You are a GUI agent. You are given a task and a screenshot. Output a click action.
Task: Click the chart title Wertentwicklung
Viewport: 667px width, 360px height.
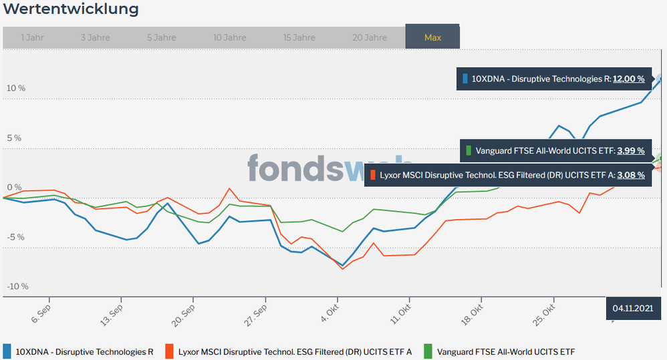pos(72,9)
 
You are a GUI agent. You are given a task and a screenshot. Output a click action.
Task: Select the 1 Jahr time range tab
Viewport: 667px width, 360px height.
pos(32,37)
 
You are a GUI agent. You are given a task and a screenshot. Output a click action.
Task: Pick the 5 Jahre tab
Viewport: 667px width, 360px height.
pos(161,37)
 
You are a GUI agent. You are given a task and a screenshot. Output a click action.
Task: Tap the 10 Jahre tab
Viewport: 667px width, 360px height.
pos(230,37)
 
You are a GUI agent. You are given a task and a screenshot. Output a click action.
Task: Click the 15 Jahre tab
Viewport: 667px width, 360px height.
pos(299,37)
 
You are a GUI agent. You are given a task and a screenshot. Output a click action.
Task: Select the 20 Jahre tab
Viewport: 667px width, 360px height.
pos(370,37)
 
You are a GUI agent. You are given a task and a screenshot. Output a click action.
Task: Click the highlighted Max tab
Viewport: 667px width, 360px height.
pos(432,37)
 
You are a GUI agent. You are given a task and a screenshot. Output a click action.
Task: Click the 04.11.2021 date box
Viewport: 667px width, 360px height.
pos(632,309)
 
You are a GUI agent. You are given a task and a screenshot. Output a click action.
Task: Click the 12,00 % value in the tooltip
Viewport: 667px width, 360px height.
pos(629,79)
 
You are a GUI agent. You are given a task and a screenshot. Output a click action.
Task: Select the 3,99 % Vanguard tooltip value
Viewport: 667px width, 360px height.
pos(631,151)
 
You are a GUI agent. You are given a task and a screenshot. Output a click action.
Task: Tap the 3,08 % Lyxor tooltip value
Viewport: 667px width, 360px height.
pos(631,175)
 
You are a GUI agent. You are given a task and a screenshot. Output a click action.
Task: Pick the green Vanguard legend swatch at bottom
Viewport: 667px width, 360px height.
pos(428,351)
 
